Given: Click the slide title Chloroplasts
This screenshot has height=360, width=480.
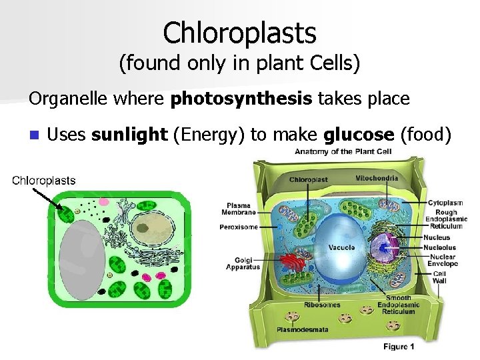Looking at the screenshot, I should [239, 32].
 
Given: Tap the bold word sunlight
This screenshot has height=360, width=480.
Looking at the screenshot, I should [129, 135].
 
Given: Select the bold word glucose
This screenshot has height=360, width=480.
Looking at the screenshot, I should [359, 135].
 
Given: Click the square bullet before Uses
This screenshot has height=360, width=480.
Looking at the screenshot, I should [35, 135].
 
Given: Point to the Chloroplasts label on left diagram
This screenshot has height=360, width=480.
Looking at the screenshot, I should [45, 180].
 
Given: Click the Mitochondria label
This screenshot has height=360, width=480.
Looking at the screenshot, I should [377, 179].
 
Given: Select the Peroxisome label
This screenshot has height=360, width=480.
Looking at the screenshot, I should [238, 227].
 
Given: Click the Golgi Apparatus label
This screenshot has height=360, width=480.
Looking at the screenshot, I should [243, 263].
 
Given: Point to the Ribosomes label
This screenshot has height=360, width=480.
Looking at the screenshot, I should [322, 305].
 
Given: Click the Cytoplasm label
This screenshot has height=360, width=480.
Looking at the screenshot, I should [445, 203].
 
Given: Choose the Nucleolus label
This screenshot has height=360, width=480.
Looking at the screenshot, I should [439, 247].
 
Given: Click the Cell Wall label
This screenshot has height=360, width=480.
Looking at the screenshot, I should [440, 277].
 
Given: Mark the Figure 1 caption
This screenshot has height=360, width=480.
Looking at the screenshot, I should [399, 346].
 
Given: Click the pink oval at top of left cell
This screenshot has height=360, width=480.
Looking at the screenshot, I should [103, 200].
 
